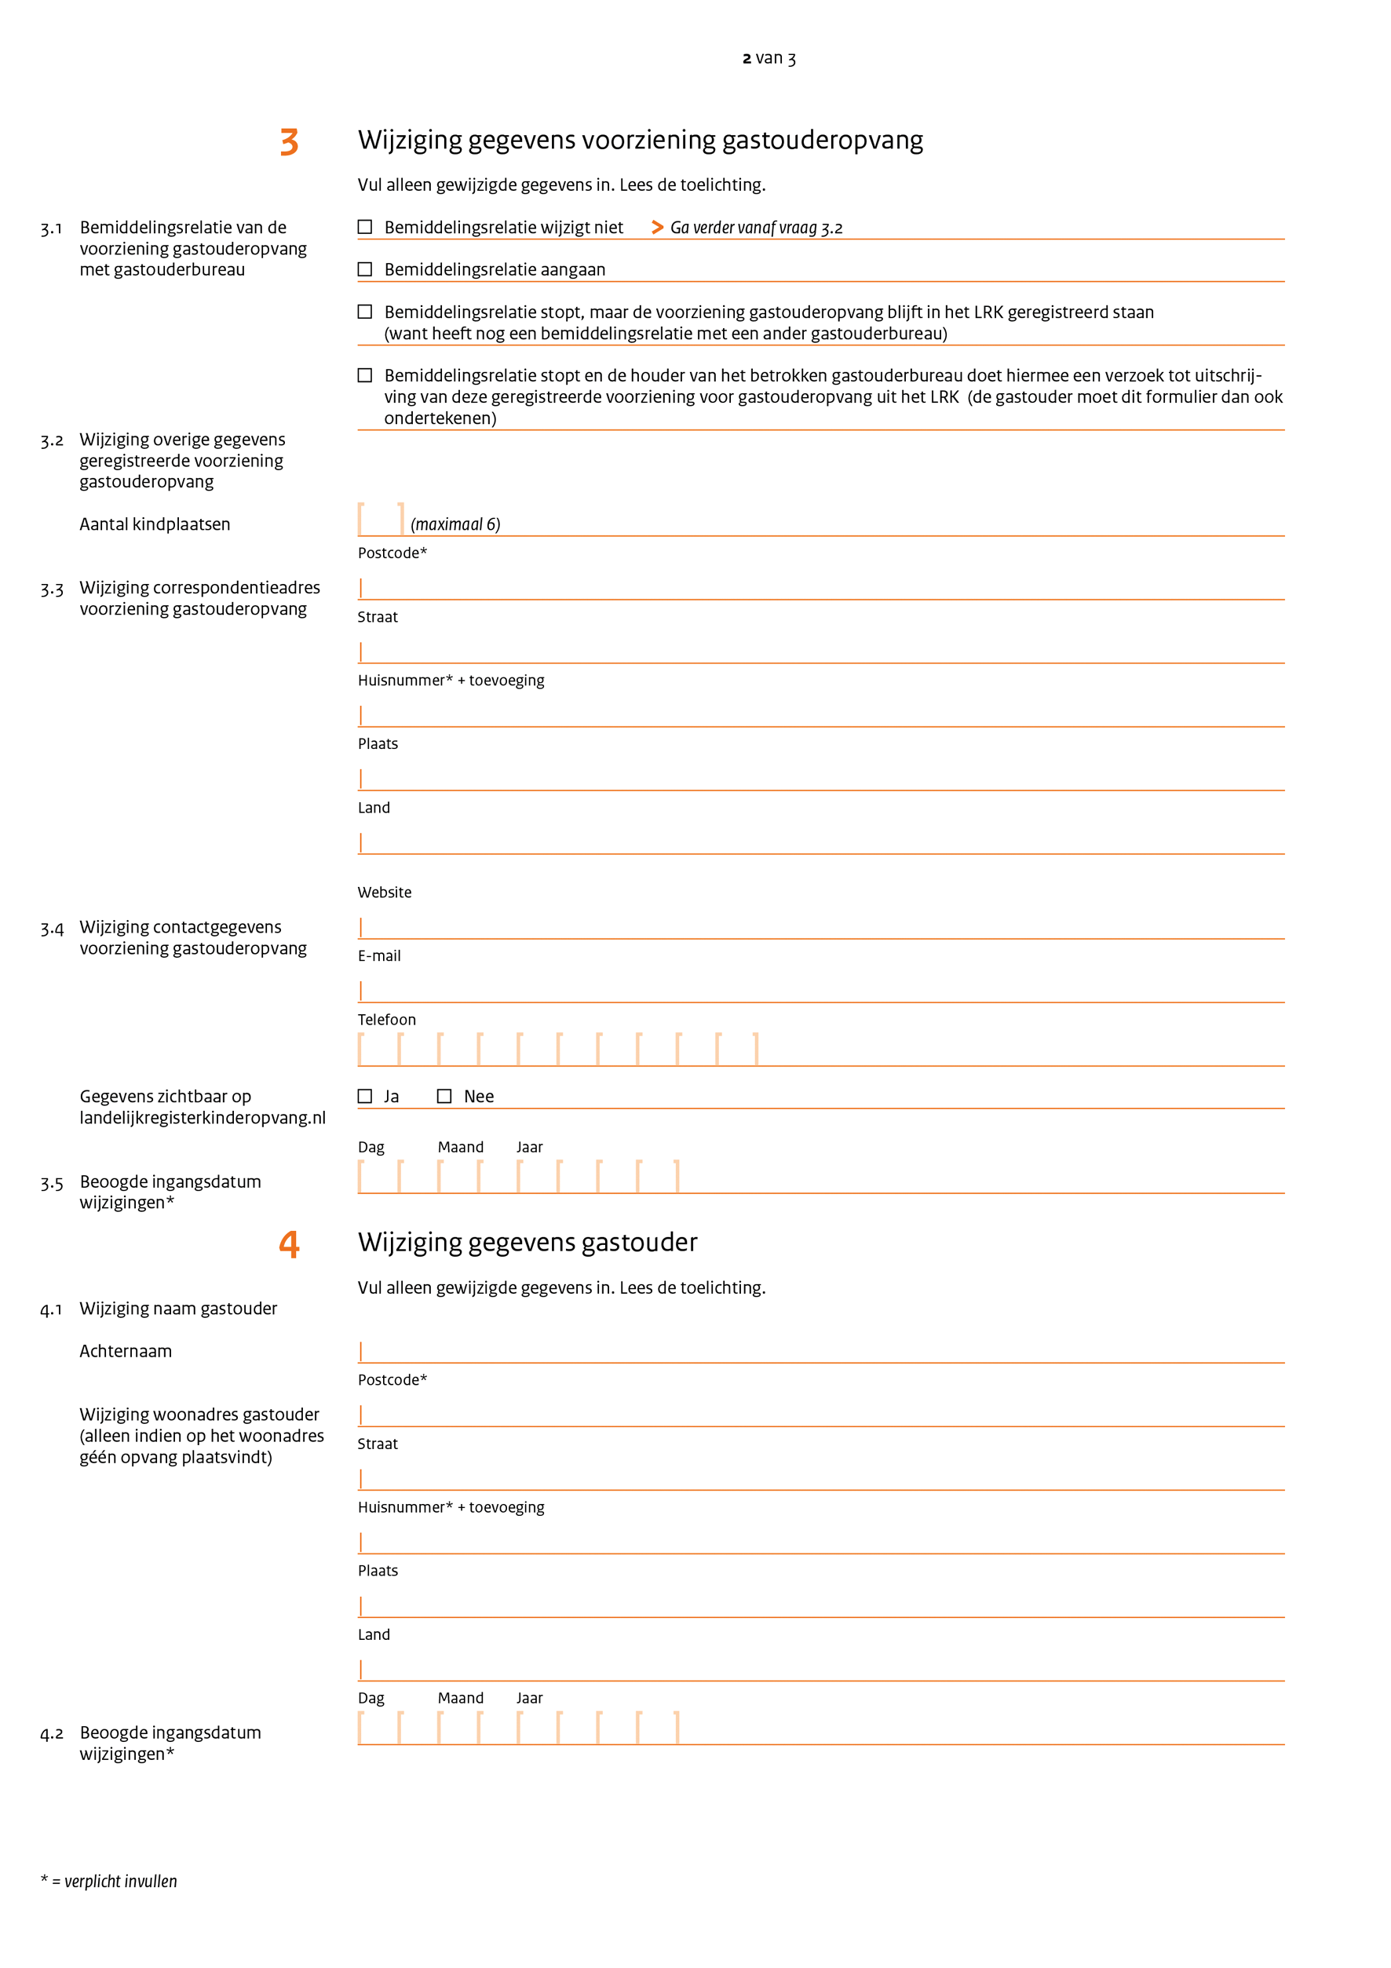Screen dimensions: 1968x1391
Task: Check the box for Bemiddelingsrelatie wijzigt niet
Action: (365, 227)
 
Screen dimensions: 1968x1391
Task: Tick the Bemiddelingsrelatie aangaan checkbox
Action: (365, 269)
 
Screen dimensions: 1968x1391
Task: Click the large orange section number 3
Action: (290, 141)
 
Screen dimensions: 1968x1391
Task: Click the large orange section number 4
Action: (290, 1243)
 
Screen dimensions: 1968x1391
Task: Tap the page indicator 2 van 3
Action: (769, 58)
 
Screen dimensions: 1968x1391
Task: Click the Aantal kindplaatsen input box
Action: (381, 520)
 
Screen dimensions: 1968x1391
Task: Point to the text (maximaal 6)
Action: (455, 524)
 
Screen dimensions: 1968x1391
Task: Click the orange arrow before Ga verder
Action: (657, 227)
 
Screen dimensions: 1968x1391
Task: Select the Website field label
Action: (385, 893)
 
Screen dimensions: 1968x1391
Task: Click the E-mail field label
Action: (379, 955)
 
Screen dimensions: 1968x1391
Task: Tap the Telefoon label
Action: (386, 1019)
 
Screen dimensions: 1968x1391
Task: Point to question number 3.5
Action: (52, 1184)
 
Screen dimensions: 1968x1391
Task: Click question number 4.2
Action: (52, 1734)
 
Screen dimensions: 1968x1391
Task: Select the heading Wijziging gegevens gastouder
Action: (527, 1242)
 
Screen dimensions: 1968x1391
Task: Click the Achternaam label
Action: (126, 1351)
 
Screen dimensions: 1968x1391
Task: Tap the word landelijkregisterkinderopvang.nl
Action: (203, 1118)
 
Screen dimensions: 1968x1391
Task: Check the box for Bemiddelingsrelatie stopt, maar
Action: (365, 312)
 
